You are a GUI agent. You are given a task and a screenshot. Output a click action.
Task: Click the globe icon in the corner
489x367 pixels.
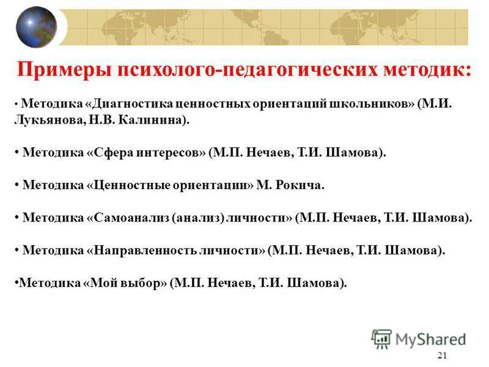tap(36, 26)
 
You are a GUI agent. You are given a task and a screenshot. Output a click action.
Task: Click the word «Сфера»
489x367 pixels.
tap(115, 152)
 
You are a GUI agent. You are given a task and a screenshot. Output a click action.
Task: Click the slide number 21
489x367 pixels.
tap(443, 356)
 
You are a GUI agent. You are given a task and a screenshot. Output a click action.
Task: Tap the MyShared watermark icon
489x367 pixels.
tap(381, 338)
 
